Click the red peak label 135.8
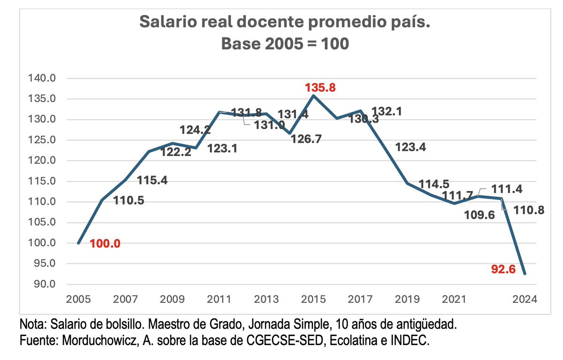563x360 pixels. (320, 87)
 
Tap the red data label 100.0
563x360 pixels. (105, 244)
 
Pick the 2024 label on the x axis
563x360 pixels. (524, 299)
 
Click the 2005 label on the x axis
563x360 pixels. (78, 299)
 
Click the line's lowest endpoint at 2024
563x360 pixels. (525, 274)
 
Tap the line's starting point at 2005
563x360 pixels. (78, 243)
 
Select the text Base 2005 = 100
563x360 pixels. (285, 44)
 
